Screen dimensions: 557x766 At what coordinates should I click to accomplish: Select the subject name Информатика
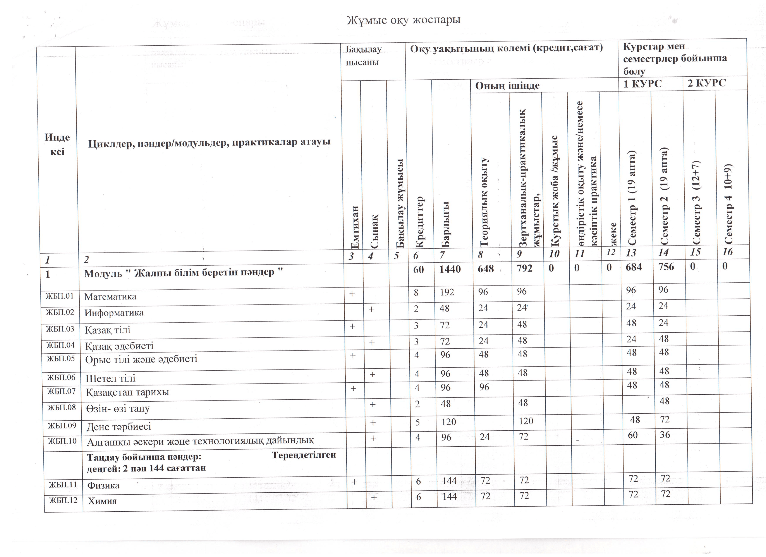pyautogui.click(x=114, y=313)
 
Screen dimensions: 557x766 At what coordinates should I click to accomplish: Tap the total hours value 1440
pyautogui.click(x=450, y=269)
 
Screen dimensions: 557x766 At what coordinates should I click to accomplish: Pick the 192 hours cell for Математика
pyautogui.click(x=447, y=292)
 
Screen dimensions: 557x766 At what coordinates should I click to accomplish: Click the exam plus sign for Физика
pyautogui.click(x=354, y=482)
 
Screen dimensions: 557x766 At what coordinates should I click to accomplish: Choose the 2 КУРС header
pyautogui.click(x=707, y=83)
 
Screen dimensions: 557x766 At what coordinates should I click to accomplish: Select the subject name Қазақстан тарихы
pyautogui.click(x=127, y=392)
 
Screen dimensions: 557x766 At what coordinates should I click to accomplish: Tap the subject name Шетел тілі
pyautogui.click(x=110, y=378)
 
